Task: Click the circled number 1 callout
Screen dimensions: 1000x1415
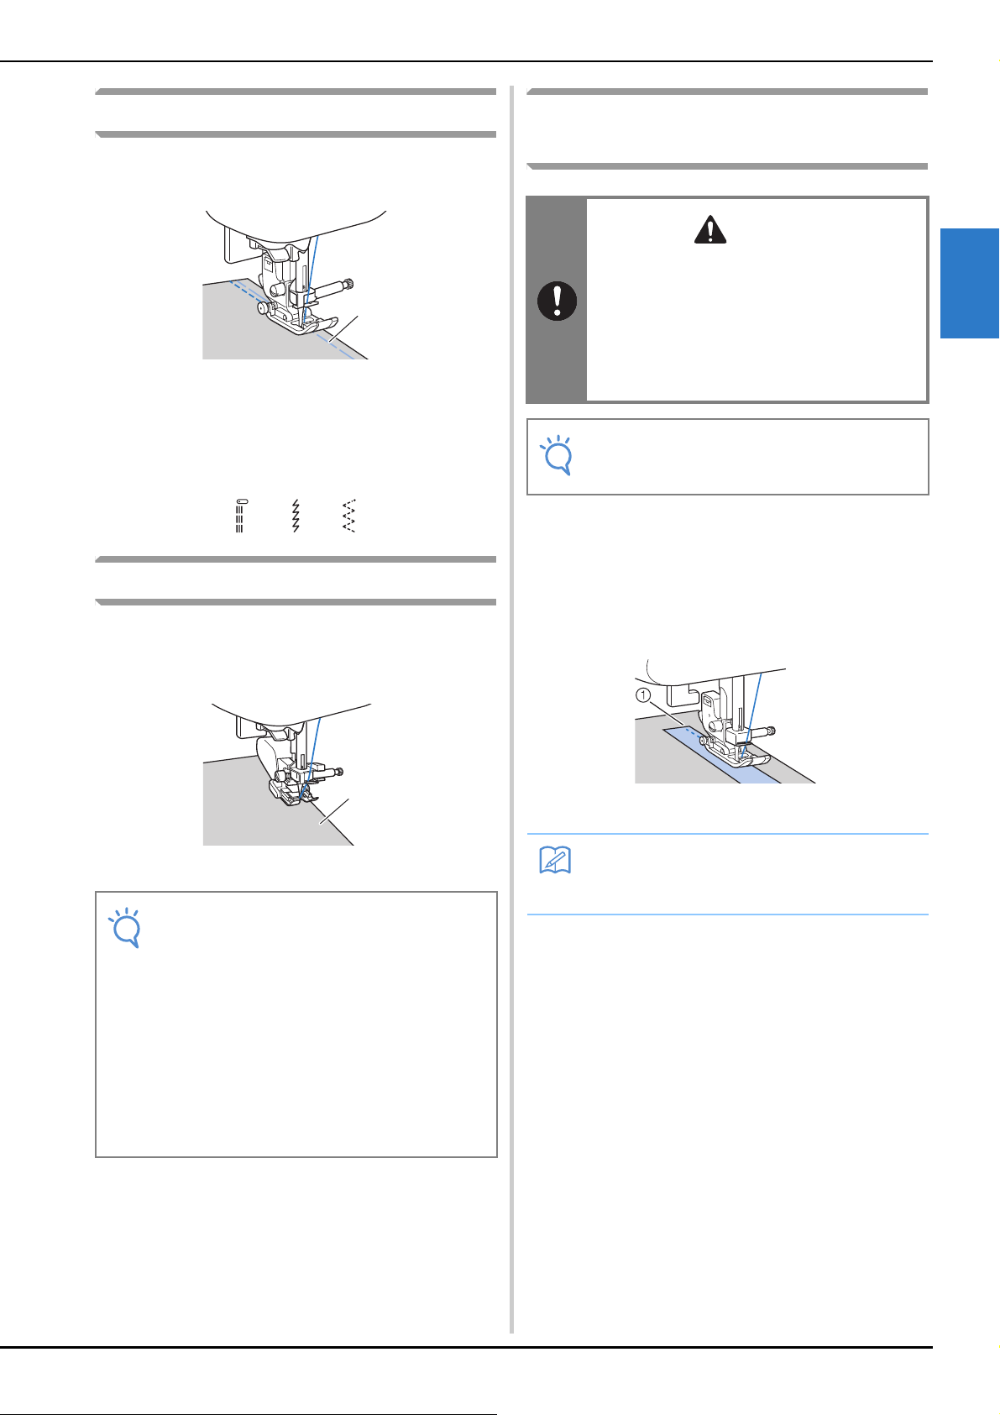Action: click(643, 695)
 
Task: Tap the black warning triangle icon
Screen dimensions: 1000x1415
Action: click(710, 229)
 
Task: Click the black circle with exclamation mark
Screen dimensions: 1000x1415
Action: click(557, 301)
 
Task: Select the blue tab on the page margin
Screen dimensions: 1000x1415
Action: click(970, 283)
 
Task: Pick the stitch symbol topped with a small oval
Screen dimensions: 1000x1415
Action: click(241, 516)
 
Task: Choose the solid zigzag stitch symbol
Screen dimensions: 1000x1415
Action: click(295, 516)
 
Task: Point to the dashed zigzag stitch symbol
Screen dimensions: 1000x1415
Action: click(348, 516)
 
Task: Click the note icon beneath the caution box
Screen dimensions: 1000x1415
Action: click(557, 455)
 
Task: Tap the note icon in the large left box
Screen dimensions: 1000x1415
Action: click(124, 927)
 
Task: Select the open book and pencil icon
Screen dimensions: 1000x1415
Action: click(555, 860)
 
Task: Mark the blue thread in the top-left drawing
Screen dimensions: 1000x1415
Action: click(310, 278)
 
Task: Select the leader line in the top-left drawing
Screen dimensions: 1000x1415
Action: click(343, 328)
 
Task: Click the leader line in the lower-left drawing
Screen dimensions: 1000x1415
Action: click(334, 811)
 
